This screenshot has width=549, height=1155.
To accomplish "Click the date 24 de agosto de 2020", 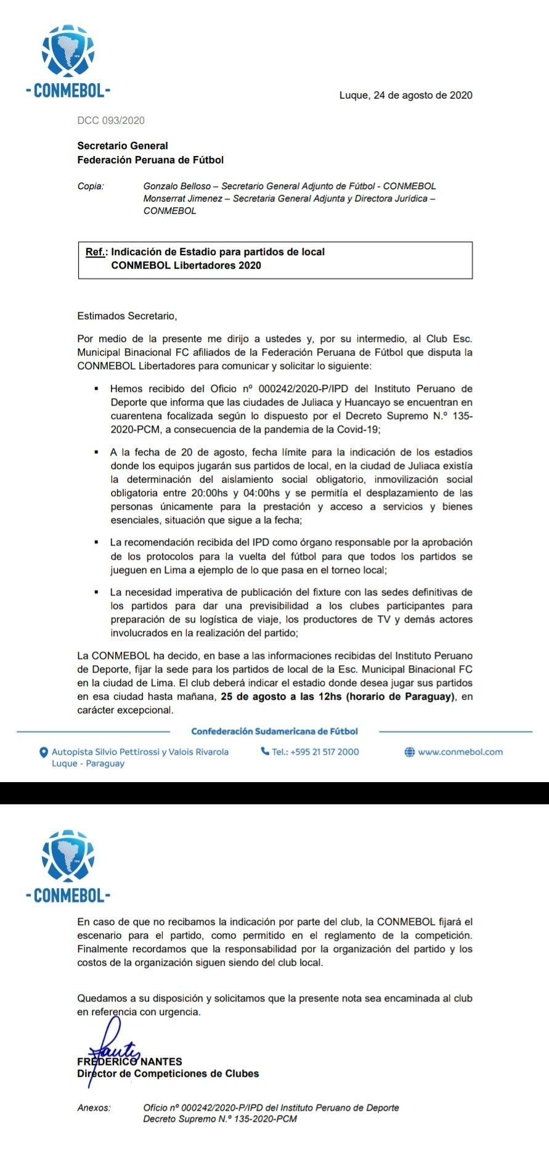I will pyautogui.click(x=423, y=96).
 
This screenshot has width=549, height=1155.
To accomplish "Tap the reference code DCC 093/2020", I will pyautogui.click(x=111, y=121).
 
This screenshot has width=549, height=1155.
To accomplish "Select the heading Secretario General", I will pyautogui.click(x=123, y=146).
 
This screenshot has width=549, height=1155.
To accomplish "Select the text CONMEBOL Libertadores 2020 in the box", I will pyautogui.click(x=186, y=266).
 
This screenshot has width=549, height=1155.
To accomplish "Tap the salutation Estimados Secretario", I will pyautogui.click(x=127, y=316).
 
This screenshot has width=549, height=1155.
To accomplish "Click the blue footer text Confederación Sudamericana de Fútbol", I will pyautogui.click(x=274, y=732).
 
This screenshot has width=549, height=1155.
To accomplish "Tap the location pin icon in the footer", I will pyautogui.click(x=44, y=753).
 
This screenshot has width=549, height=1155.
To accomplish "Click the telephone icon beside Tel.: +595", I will pyautogui.click(x=265, y=751).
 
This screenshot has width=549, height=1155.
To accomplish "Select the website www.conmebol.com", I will pyautogui.click(x=460, y=752).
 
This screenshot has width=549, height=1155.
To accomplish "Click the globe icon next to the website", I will pyautogui.click(x=409, y=752).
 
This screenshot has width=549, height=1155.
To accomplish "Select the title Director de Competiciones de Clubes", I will pyautogui.click(x=168, y=1074).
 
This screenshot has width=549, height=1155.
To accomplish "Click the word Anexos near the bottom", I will pyautogui.click(x=94, y=1108).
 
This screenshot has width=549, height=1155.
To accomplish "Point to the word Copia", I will pyautogui.click(x=91, y=186).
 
